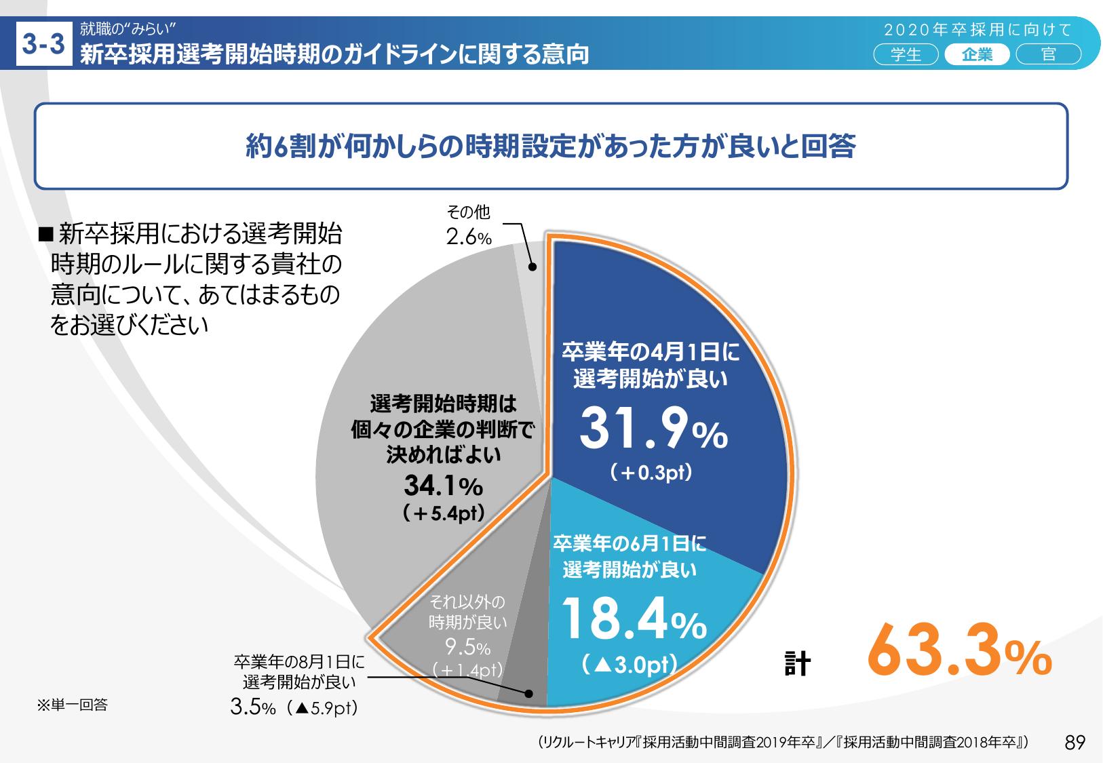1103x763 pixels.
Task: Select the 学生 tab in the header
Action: (906, 55)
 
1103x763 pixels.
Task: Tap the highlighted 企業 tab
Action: (977, 55)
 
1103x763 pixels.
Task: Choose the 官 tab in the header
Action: (1048, 55)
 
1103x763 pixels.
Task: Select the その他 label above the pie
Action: (467, 213)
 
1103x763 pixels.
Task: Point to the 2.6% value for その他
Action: (468, 237)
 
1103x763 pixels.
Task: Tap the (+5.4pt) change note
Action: (444, 513)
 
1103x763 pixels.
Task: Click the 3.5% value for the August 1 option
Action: (252, 708)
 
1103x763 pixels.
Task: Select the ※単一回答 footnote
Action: (72, 705)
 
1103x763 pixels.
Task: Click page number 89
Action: (1075, 743)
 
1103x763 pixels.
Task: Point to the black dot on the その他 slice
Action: (532, 267)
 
